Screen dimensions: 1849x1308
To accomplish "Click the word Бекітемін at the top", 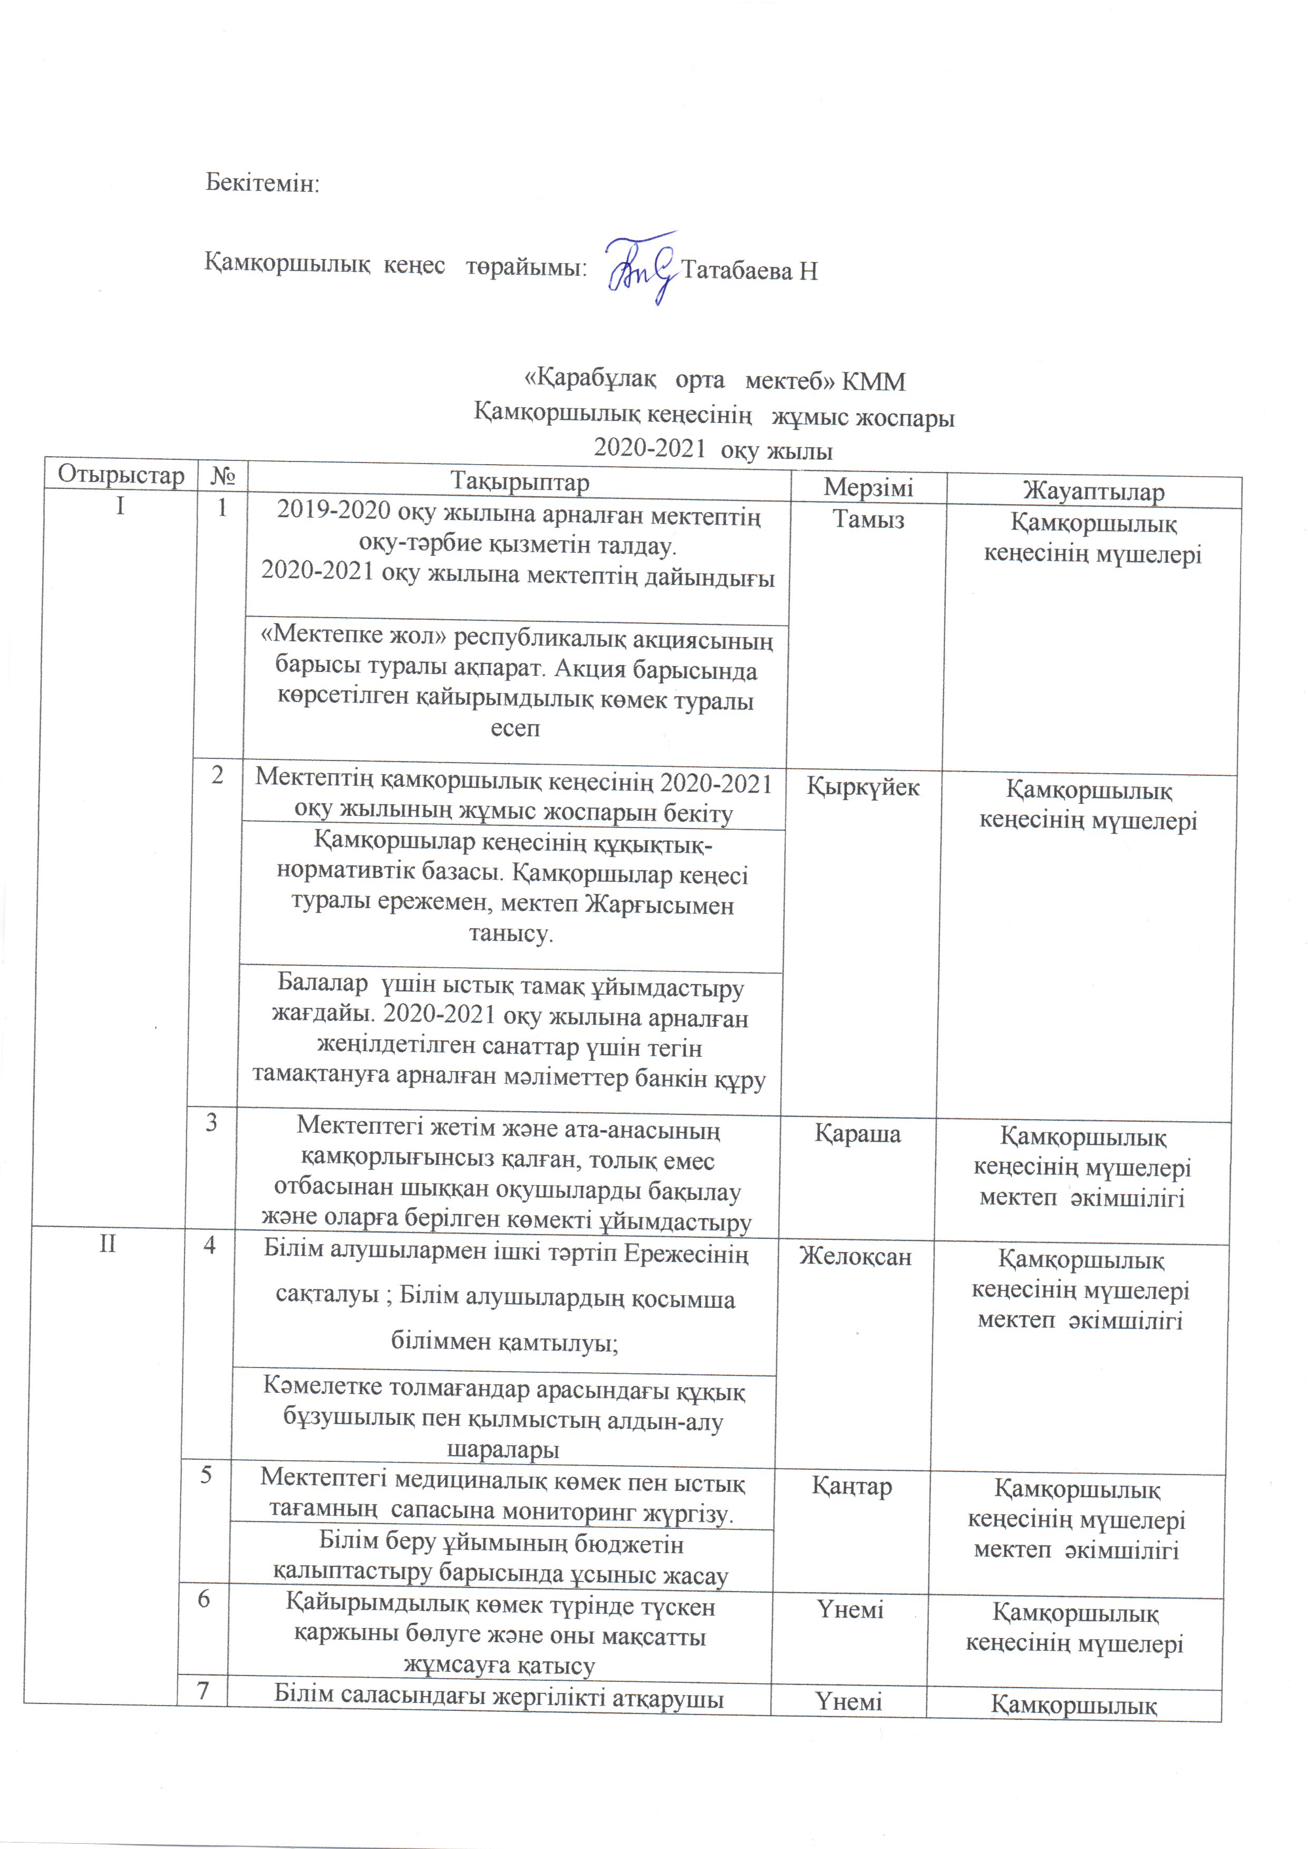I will point(263,183).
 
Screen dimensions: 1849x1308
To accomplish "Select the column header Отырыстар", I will point(121,475).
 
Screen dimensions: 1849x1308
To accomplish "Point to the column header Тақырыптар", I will point(519,482).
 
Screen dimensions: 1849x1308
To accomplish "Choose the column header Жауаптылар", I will point(1093,492).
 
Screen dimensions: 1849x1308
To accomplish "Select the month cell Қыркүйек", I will point(863,787).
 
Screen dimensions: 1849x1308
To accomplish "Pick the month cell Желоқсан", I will point(855,1256).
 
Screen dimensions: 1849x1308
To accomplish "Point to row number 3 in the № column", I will point(211,1122).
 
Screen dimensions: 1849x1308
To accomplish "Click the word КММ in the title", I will point(873,381).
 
